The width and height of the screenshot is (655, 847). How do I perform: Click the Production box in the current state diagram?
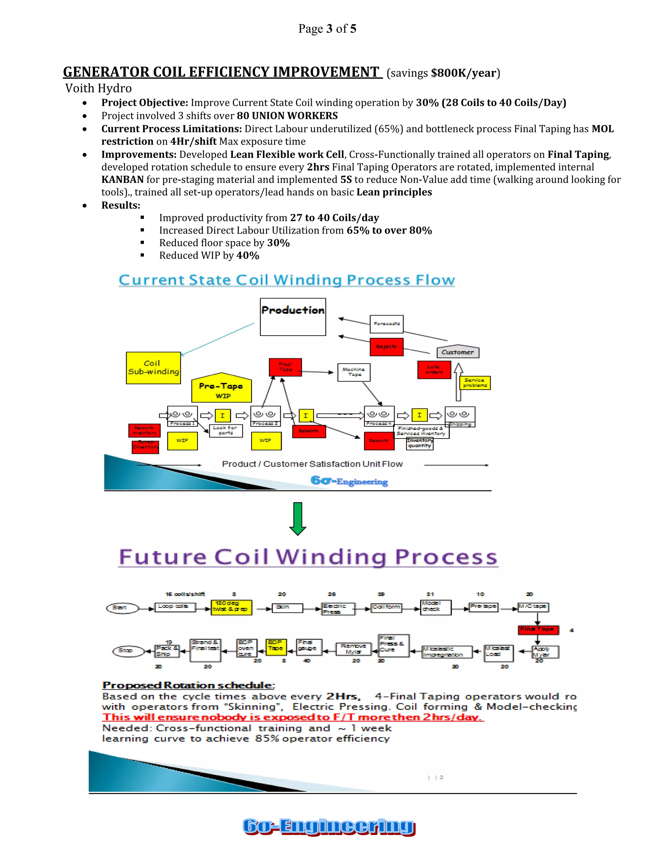point(293,316)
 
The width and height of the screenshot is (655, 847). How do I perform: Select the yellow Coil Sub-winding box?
point(153,368)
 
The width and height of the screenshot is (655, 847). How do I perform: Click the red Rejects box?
point(386,347)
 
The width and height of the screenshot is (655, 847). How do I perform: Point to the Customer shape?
point(458,352)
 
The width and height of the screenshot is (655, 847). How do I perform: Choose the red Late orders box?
point(434,369)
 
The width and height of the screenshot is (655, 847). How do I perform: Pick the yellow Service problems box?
point(475,383)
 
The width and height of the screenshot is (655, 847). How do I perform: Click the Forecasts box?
point(386,324)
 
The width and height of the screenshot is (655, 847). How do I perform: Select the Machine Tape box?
point(354,372)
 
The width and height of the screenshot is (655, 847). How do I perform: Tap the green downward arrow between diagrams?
point(298,518)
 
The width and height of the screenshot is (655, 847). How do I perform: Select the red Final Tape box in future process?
point(538,629)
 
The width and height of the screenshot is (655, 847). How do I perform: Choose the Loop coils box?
point(174,607)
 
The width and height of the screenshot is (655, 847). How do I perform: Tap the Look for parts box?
point(225,431)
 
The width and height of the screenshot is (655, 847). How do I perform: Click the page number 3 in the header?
point(329,29)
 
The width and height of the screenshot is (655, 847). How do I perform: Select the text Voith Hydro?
point(99,89)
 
